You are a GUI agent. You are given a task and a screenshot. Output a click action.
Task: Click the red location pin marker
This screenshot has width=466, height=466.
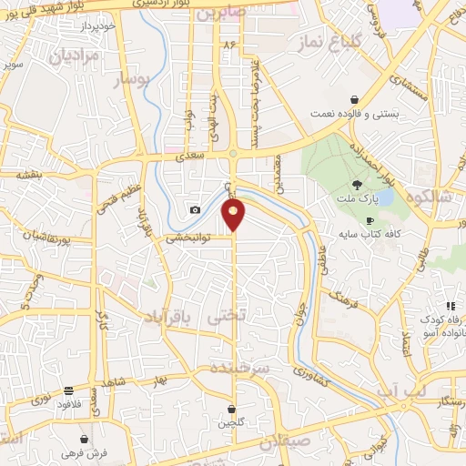234,215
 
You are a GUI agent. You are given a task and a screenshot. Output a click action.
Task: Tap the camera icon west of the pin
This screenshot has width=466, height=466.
195,210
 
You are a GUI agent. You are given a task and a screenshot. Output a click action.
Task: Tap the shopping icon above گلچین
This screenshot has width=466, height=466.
232,410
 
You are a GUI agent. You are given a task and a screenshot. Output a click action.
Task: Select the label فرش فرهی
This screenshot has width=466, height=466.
91,452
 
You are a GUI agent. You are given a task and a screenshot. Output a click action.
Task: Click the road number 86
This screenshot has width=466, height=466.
228,45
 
